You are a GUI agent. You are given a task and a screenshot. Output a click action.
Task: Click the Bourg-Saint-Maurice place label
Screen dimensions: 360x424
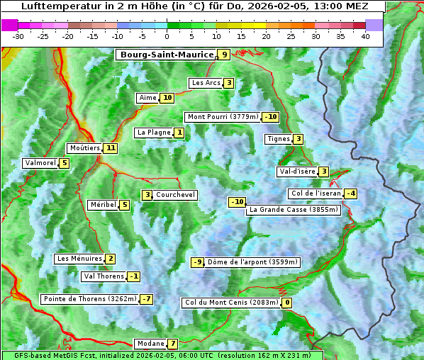167,55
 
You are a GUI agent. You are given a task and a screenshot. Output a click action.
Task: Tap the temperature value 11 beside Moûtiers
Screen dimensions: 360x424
110,148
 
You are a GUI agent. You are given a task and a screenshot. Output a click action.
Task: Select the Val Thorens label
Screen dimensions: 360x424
104,276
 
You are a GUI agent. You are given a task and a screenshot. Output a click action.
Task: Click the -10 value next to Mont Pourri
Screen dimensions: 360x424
270,117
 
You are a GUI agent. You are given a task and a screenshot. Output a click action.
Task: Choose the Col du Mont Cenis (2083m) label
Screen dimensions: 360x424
230,303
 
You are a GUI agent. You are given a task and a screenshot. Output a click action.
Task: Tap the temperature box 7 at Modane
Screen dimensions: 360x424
172,344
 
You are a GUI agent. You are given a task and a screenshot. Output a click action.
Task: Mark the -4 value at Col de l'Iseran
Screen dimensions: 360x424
350,193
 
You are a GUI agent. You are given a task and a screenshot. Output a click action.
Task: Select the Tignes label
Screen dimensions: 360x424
277,139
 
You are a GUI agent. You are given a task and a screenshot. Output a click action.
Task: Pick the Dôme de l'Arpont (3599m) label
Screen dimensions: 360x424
252,262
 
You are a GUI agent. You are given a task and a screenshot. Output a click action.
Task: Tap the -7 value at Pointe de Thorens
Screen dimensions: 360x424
146,299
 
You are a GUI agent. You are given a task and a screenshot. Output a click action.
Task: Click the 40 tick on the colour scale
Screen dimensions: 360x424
365,36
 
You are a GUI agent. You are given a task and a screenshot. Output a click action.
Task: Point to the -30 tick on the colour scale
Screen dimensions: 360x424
18,36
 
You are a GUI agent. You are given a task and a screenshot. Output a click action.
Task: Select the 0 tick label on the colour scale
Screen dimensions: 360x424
167,36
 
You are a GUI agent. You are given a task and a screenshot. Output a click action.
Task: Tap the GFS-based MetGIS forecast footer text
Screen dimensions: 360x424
161,355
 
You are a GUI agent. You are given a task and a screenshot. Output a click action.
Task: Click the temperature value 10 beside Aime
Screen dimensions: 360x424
167,98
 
